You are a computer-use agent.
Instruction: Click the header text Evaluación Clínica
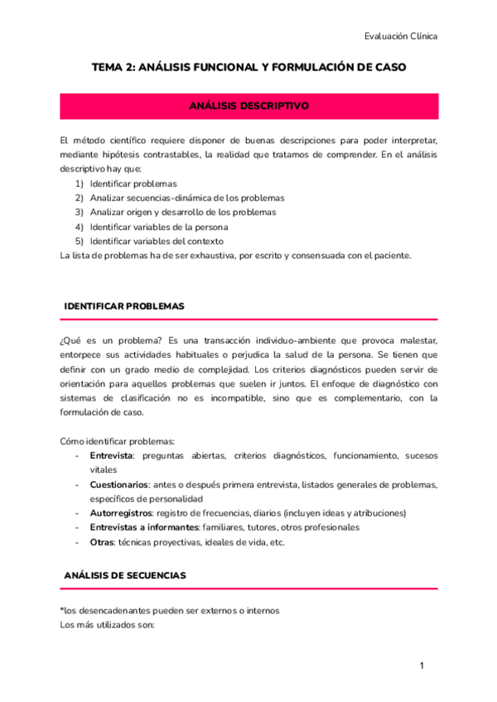pyautogui.click(x=401, y=36)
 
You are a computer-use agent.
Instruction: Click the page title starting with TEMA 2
pyautogui.click(x=248, y=68)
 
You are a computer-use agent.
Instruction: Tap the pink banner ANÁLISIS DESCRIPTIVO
pyautogui.click(x=248, y=107)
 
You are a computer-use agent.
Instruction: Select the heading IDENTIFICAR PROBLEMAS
pyautogui.click(x=124, y=306)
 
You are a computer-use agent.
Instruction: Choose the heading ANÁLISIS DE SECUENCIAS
pyautogui.click(x=125, y=575)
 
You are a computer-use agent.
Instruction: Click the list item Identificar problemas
pyautogui.click(x=133, y=183)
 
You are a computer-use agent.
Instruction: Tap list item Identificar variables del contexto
pyautogui.click(x=157, y=241)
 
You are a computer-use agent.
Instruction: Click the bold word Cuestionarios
pyautogui.click(x=119, y=484)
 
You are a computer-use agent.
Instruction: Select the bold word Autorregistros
pyautogui.click(x=121, y=513)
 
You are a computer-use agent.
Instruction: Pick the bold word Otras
pyautogui.click(x=102, y=542)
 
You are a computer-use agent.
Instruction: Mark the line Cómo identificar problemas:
pyautogui.click(x=117, y=440)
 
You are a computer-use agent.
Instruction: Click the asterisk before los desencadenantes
pyautogui.click(x=62, y=609)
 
